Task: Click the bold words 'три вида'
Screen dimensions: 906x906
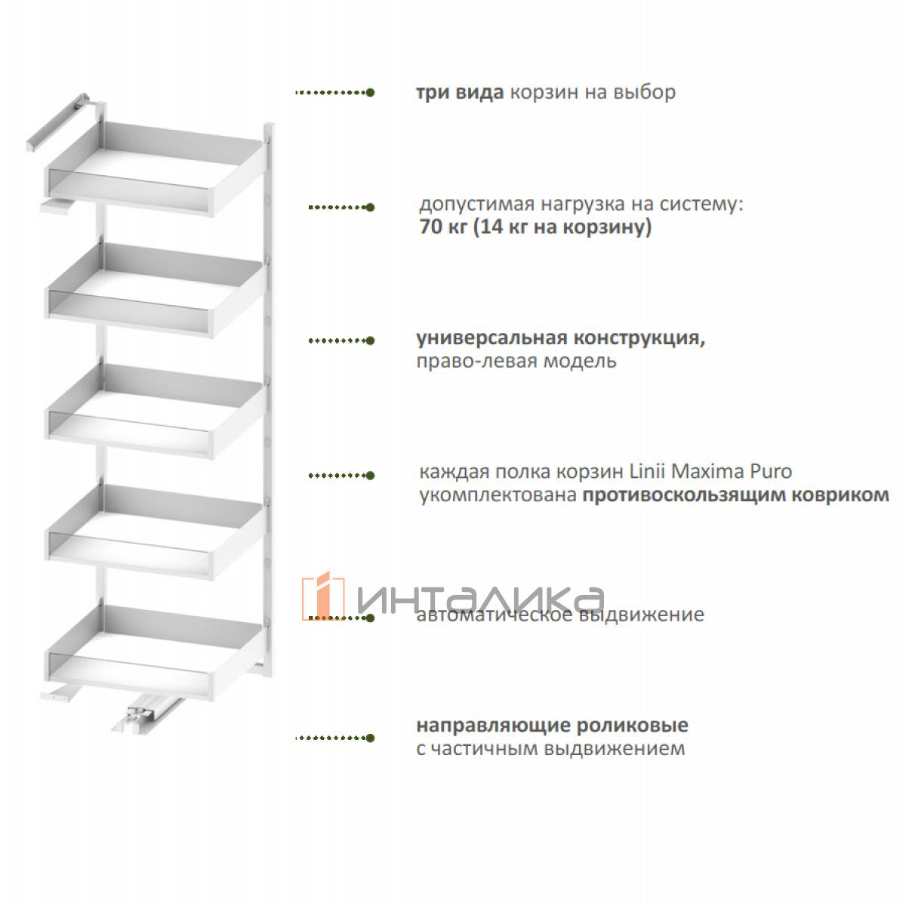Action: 459,93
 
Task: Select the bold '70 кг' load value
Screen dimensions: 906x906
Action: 443,227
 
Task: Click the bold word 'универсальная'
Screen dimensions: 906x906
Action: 492,338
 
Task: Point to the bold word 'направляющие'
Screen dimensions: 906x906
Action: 493,726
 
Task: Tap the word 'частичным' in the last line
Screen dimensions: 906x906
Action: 484,748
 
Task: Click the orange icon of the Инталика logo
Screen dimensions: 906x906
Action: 323,596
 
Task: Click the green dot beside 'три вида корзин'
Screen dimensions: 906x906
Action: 370,93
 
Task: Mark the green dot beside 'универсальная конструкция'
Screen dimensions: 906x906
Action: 370,341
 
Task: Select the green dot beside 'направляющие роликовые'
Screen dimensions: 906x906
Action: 370,738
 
